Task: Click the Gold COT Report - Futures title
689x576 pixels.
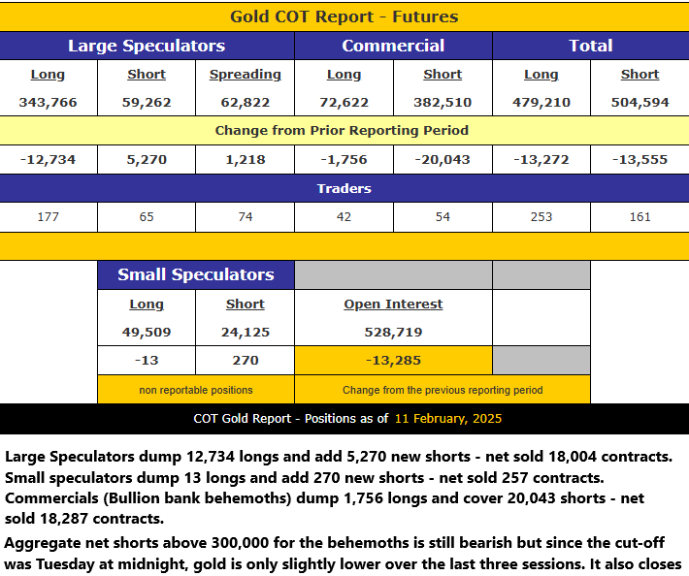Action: pos(344,16)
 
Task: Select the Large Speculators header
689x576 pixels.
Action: pos(147,46)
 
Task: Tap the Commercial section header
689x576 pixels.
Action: pos(393,46)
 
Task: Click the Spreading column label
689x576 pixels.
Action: pos(246,75)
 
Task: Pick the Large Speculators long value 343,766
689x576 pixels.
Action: pos(48,102)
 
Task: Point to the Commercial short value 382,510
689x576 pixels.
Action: pos(443,102)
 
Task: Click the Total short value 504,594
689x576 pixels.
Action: pos(640,102)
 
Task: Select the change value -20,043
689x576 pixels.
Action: pos(443,159)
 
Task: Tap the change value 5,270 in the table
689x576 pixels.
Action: pos(147,159)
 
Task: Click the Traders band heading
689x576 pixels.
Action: pos(344,188)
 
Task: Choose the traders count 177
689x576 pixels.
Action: pos(48,217)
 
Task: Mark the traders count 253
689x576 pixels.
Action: pos(541,217)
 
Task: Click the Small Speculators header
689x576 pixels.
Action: pos(196,274)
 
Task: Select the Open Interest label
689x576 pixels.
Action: pos(393,304)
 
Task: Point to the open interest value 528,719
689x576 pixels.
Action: pos(393,332)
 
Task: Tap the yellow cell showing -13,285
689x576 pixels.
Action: pos(393,361)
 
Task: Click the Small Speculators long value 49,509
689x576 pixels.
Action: pos(147,332)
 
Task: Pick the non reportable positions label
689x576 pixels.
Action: pos(196,390)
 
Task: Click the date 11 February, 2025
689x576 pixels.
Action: pos(448,418)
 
